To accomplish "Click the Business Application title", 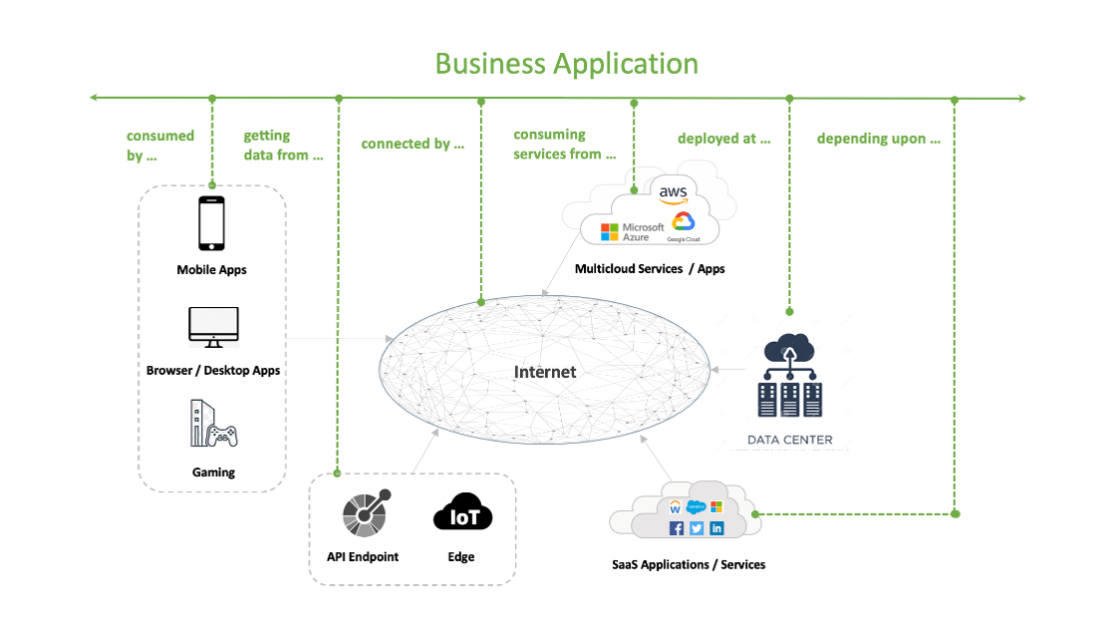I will point(566,63).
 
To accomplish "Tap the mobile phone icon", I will point(211,223).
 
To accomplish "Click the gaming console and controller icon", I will point(213,424).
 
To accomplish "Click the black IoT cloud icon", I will point(462,514).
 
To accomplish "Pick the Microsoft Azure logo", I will point(632,231).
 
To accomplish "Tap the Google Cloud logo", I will point(683,226).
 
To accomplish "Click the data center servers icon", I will point(789,379).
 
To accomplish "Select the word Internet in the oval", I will point(545,372).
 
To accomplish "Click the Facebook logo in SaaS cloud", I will point(677,528).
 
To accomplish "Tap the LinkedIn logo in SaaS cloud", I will point(715,528).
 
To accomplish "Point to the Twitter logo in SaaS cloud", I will point(696,528).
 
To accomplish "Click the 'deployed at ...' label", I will point(724,139).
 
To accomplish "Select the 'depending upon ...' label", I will point(879,139).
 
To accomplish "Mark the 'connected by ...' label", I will point(413,144).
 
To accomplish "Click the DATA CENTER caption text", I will point(790,440).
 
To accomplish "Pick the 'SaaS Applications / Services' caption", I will point(689,564).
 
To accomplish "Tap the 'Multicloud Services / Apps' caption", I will point(650,269).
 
